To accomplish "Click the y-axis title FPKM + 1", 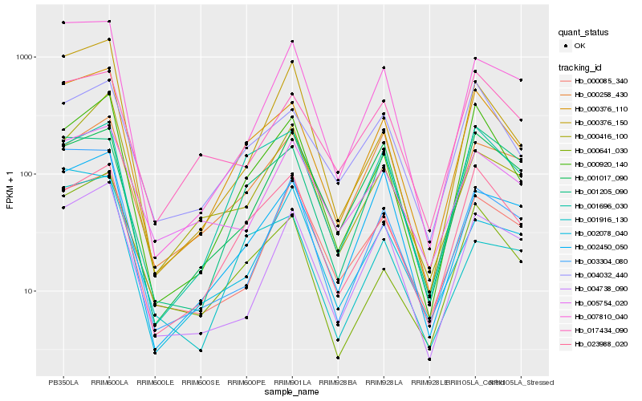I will pos(10,189).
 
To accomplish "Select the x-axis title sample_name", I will pos(292,392).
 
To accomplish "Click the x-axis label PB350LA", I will pos(63,382).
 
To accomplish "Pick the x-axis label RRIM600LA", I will pos(108,382).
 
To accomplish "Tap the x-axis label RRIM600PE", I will pos(246,382).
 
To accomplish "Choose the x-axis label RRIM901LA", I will pos(292,382).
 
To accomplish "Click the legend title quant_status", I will pos(585,33).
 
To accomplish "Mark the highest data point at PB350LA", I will pos(63,22).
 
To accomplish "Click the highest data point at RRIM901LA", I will pos(292,41).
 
